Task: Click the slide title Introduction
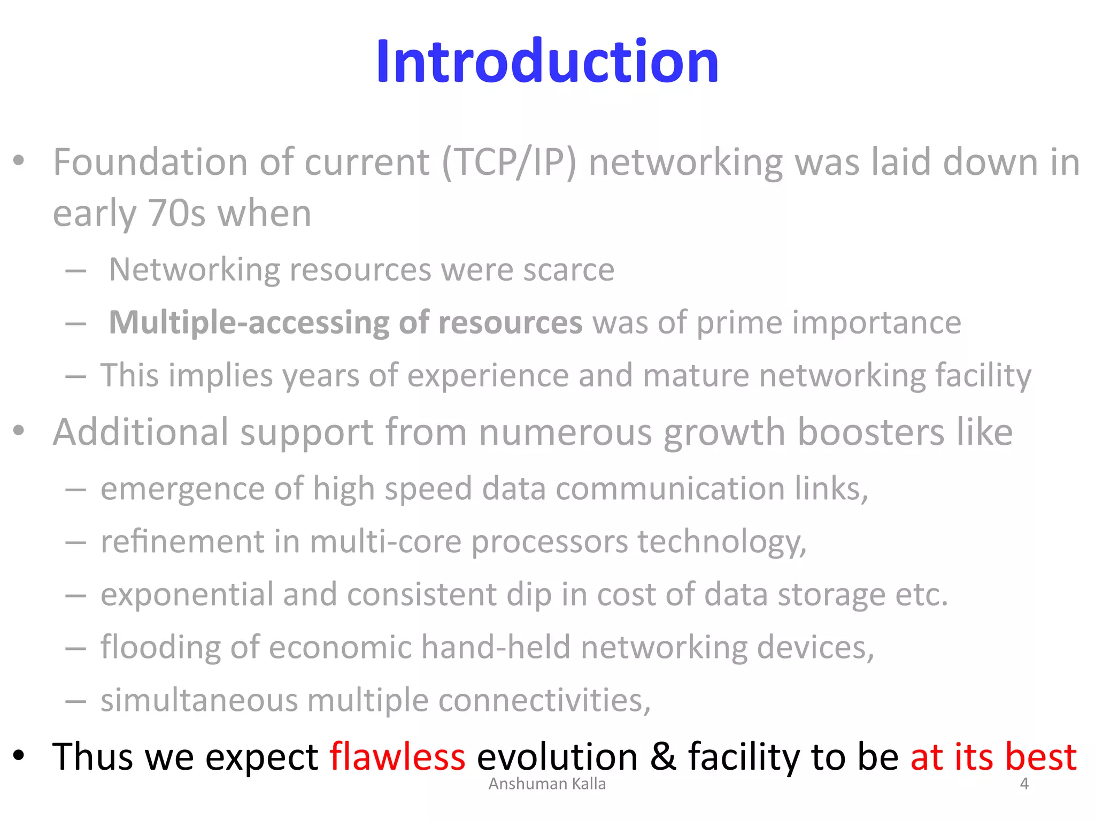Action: pos(547,62)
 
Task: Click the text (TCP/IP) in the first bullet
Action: pos(509,162)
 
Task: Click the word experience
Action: pos(488,375)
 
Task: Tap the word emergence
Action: pos(182,489)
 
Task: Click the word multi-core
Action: pos(385,541)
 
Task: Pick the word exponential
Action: pos(187,594)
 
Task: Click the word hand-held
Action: pos(496,647)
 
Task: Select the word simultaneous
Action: pos(199,700)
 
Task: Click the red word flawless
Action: pos(397,757)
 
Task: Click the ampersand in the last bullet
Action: pos(663,757)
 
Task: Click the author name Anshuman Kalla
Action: pos(547,784)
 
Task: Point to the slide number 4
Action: pos(1024,784)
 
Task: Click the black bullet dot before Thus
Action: pos(19,756)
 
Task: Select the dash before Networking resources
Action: pos(76,272)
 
